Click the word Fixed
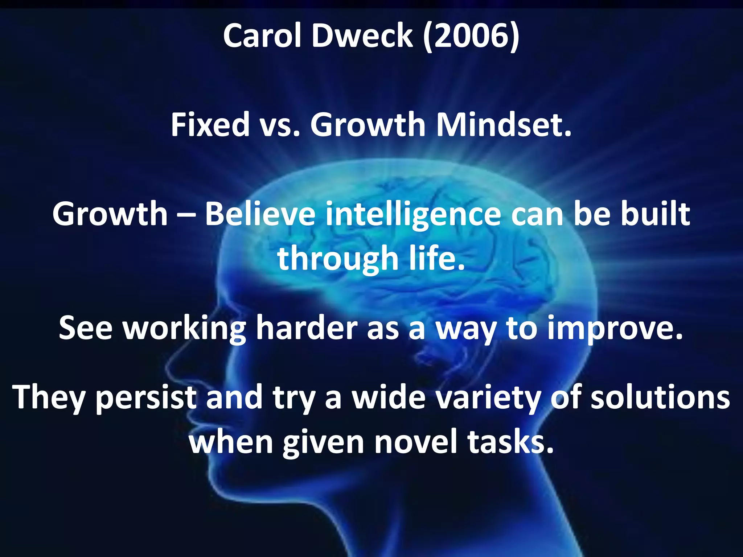coord(210,125)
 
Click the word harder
coord(307,328)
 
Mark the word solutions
coord(660,397)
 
